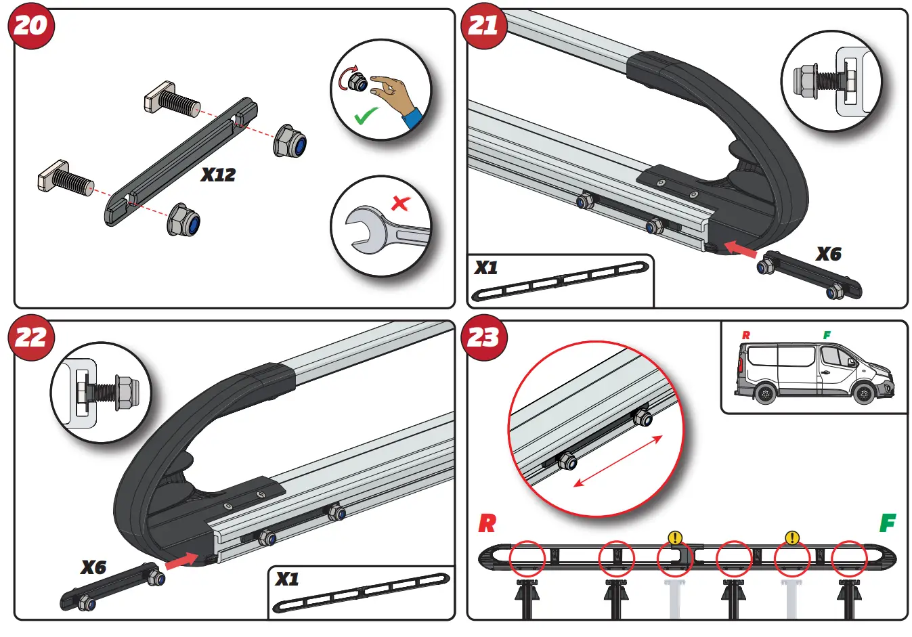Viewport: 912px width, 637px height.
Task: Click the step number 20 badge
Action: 30,26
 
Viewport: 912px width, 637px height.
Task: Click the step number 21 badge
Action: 483,26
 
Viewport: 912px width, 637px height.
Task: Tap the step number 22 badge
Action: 30,337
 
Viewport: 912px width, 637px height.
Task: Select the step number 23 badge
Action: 483,337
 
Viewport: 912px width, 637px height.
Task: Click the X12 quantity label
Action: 218,175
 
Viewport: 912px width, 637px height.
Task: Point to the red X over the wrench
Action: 401,202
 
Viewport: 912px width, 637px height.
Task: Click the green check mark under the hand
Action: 366,116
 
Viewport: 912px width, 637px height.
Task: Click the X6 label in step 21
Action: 828,255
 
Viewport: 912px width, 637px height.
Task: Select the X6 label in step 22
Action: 93,567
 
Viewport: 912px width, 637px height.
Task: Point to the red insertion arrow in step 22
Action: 181,561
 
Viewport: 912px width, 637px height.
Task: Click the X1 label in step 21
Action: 486,268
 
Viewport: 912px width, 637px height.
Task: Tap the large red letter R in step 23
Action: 487,523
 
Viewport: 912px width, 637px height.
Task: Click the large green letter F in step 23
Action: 887,523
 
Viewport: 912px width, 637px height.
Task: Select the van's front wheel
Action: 864,393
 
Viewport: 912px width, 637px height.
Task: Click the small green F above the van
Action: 827,335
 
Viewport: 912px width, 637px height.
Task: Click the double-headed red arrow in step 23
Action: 618,461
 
